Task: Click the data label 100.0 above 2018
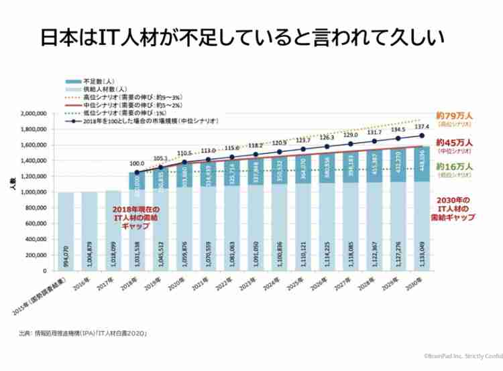tap(137, 163)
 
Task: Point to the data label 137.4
tap(421, 127)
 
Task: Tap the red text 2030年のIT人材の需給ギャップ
tap(455, 209)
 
